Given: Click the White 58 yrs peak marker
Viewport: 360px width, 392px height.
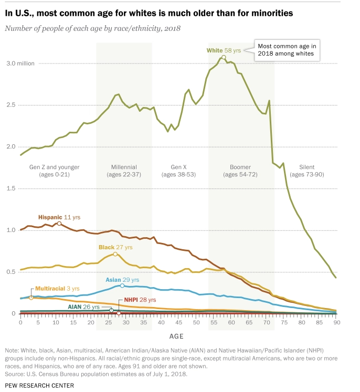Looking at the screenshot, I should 224,57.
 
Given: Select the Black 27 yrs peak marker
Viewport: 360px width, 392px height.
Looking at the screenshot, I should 115,254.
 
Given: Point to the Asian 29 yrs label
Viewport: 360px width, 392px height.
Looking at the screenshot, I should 122,280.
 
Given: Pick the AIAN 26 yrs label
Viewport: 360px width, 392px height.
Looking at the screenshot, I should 83,306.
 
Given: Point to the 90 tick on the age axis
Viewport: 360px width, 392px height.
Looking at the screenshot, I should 336,322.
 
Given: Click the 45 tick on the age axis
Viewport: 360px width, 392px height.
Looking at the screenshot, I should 178,322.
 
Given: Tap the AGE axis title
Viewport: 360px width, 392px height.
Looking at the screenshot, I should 176,334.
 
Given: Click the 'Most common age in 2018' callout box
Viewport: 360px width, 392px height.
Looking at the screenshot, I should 287,49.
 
